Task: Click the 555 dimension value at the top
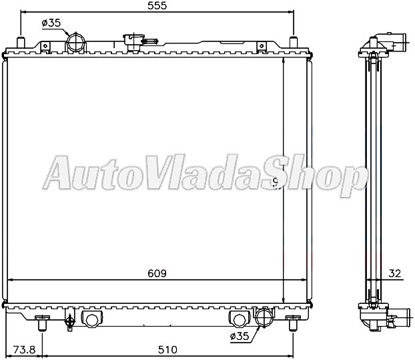click(157, 6)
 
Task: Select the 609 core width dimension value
click(155, 273)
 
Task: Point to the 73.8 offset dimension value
click(23, 349)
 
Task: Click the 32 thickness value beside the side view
click(396, 273)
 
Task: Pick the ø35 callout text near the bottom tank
click(240, 337)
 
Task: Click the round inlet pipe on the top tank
click(75, 42)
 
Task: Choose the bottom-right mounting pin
click(293, 325)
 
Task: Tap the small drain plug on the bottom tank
click(69, 322)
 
